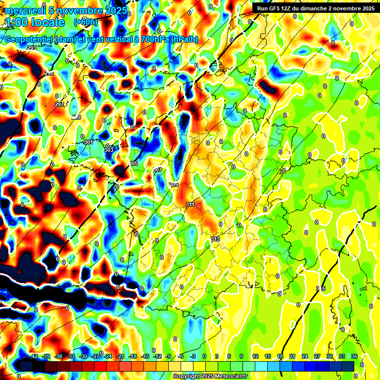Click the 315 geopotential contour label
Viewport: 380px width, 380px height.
tap(320, 288)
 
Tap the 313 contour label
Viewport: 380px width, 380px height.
tap(215, 239)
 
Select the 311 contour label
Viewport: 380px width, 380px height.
tap(190, 204)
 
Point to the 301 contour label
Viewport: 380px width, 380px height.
tap(89, 142)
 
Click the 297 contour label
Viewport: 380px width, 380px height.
tap(59, 104)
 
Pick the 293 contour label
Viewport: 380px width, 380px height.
tap(32, 48)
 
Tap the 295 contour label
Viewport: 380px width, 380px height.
tap(49, 73)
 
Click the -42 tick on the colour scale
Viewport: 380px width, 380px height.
tap(34, 356)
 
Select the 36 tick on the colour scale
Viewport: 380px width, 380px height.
tap(354, 356)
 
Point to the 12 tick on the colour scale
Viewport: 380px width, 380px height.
tap(255, 356)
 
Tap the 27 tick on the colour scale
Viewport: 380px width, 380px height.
tap(317, 356)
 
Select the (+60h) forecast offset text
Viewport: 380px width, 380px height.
tap(86, 22)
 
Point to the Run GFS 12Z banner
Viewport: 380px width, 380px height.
tap(313, 8)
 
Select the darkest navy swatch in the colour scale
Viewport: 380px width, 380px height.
tap(26, 366)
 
